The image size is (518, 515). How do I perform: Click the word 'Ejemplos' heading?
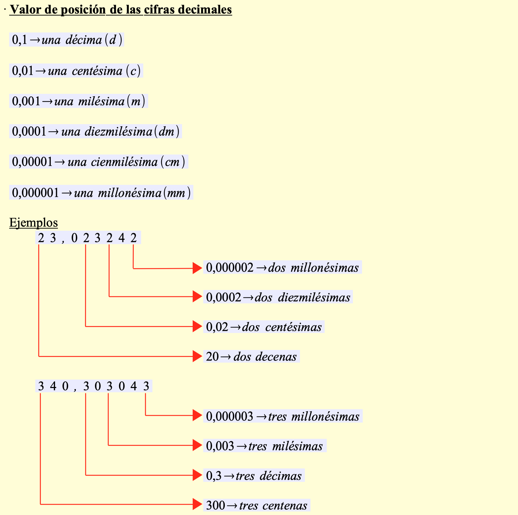[34, 223]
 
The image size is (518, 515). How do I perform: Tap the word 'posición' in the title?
[83, 10]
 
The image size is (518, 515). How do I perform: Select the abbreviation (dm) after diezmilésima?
[167, 132]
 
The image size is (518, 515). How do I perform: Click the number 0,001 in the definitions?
[26, 102]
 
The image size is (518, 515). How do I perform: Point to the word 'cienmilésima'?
[124, 162]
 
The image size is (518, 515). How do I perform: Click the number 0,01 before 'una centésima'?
[23, 71]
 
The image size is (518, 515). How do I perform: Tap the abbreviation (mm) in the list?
[177, 193]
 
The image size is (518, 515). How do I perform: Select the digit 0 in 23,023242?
[74, 238]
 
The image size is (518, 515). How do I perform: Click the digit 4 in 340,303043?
[133, 387]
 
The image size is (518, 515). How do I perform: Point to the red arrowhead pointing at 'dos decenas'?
[197, 356]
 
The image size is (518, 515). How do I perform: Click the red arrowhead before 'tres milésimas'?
[197, 446]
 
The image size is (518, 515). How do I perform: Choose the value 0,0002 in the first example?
[224, 297]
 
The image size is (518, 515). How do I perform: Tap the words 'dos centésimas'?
[282, 327]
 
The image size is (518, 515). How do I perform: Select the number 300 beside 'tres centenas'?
[215, 505]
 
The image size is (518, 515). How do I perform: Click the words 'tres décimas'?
[269, 476]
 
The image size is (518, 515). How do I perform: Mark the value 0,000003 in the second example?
[230, 417]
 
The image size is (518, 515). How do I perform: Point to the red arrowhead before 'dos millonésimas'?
[197, 268]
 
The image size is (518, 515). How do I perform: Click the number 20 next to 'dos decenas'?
[212, 357]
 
